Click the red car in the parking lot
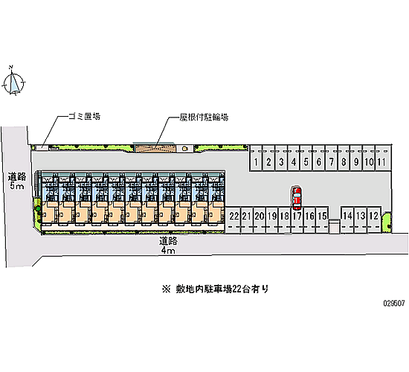pos(297,198)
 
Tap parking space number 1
pos(256,158)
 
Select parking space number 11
pos(381,158)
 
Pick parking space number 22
pos(234,219)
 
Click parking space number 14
pos(347,219)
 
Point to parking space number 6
pos(319,158)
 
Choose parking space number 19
pos(272,219)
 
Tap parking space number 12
pos(374,219)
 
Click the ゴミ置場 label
pos(85,116)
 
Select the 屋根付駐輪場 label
pos(204,118)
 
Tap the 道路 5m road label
pos(17,181)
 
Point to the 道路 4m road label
pos(168,246)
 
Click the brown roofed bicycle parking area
pos(155,148)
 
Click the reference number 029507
pos(394,303)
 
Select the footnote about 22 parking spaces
pos(215,289)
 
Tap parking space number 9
pos(356,158)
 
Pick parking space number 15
pos(322,219)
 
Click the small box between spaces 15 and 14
pos(334,226)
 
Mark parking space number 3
pos(281,158)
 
